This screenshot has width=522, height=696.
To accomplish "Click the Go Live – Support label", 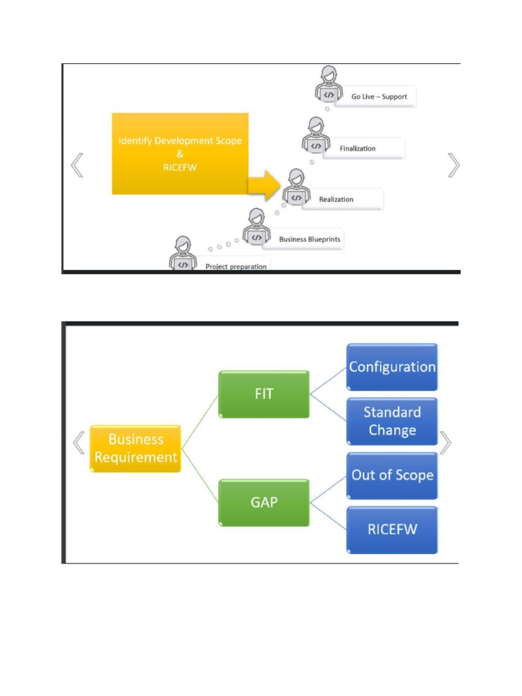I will pos(379,97).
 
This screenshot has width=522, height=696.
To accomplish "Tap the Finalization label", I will pos(358,148).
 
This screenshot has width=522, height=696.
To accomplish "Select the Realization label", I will pos(336,199).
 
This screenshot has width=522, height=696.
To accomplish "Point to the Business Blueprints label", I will pos(309,239).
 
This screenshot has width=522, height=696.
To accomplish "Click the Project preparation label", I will pos(236,266).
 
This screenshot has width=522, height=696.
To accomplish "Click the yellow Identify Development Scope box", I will pos(180,154).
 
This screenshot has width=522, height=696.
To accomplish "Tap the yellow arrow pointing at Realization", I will pos(264,184).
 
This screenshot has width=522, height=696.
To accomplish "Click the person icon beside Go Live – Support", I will pos(328,84).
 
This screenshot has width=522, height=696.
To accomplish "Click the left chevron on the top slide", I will pos(77,165).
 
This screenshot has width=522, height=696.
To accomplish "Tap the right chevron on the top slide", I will pos(453,165).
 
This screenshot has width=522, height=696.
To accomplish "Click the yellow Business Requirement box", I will pos(136,449).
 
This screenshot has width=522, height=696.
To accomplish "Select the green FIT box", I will pos(264,394).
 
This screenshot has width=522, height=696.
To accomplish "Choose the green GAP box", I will pos(264,503).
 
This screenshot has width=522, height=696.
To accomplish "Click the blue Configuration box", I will pos(392,367).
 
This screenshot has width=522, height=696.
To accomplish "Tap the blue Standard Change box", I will pos(392,421).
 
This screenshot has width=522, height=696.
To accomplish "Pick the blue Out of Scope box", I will pos(392,475).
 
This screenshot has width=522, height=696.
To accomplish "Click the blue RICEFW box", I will pos(392,529).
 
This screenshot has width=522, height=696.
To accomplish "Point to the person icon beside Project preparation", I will pos(183,254).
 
